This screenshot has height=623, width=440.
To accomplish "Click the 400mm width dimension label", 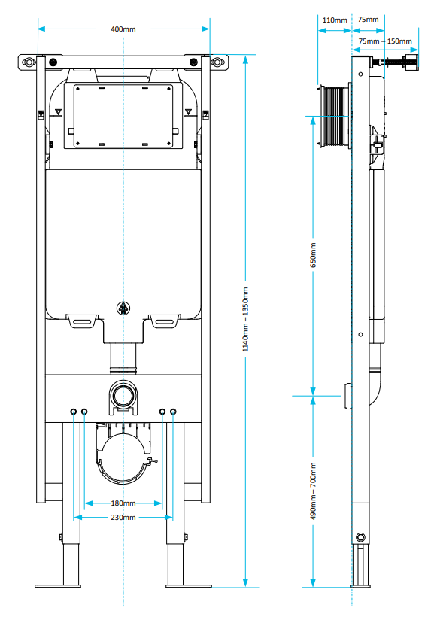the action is pos(123,29).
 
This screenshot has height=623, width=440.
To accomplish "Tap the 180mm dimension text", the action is pos(123,503).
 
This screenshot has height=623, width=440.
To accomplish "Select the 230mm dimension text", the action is pos(123,518).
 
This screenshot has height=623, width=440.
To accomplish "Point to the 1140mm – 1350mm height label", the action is pos(246,320).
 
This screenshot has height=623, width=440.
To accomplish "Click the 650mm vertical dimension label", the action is pos(314,254).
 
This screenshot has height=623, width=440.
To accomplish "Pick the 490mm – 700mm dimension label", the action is pos(314,491).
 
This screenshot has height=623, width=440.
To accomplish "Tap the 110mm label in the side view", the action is pos(335,20).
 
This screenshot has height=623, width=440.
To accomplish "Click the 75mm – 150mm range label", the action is pos(385,41).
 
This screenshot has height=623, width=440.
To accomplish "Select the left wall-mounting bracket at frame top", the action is pos(29,62).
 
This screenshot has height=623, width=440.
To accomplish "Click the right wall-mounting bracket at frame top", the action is pos(217,62).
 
